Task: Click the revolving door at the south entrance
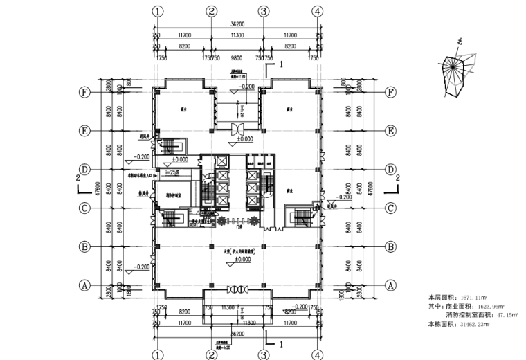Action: click(x=237, y=289)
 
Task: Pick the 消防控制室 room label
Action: click(x=173, y=196)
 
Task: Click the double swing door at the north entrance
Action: click(x=237, y=129)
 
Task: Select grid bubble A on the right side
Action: click(x=390, y=285)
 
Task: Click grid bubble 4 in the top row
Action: click(x=317, y=11)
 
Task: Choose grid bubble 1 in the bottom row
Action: click(x=158, y=354)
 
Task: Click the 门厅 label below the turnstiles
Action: click(x=239, y=226)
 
